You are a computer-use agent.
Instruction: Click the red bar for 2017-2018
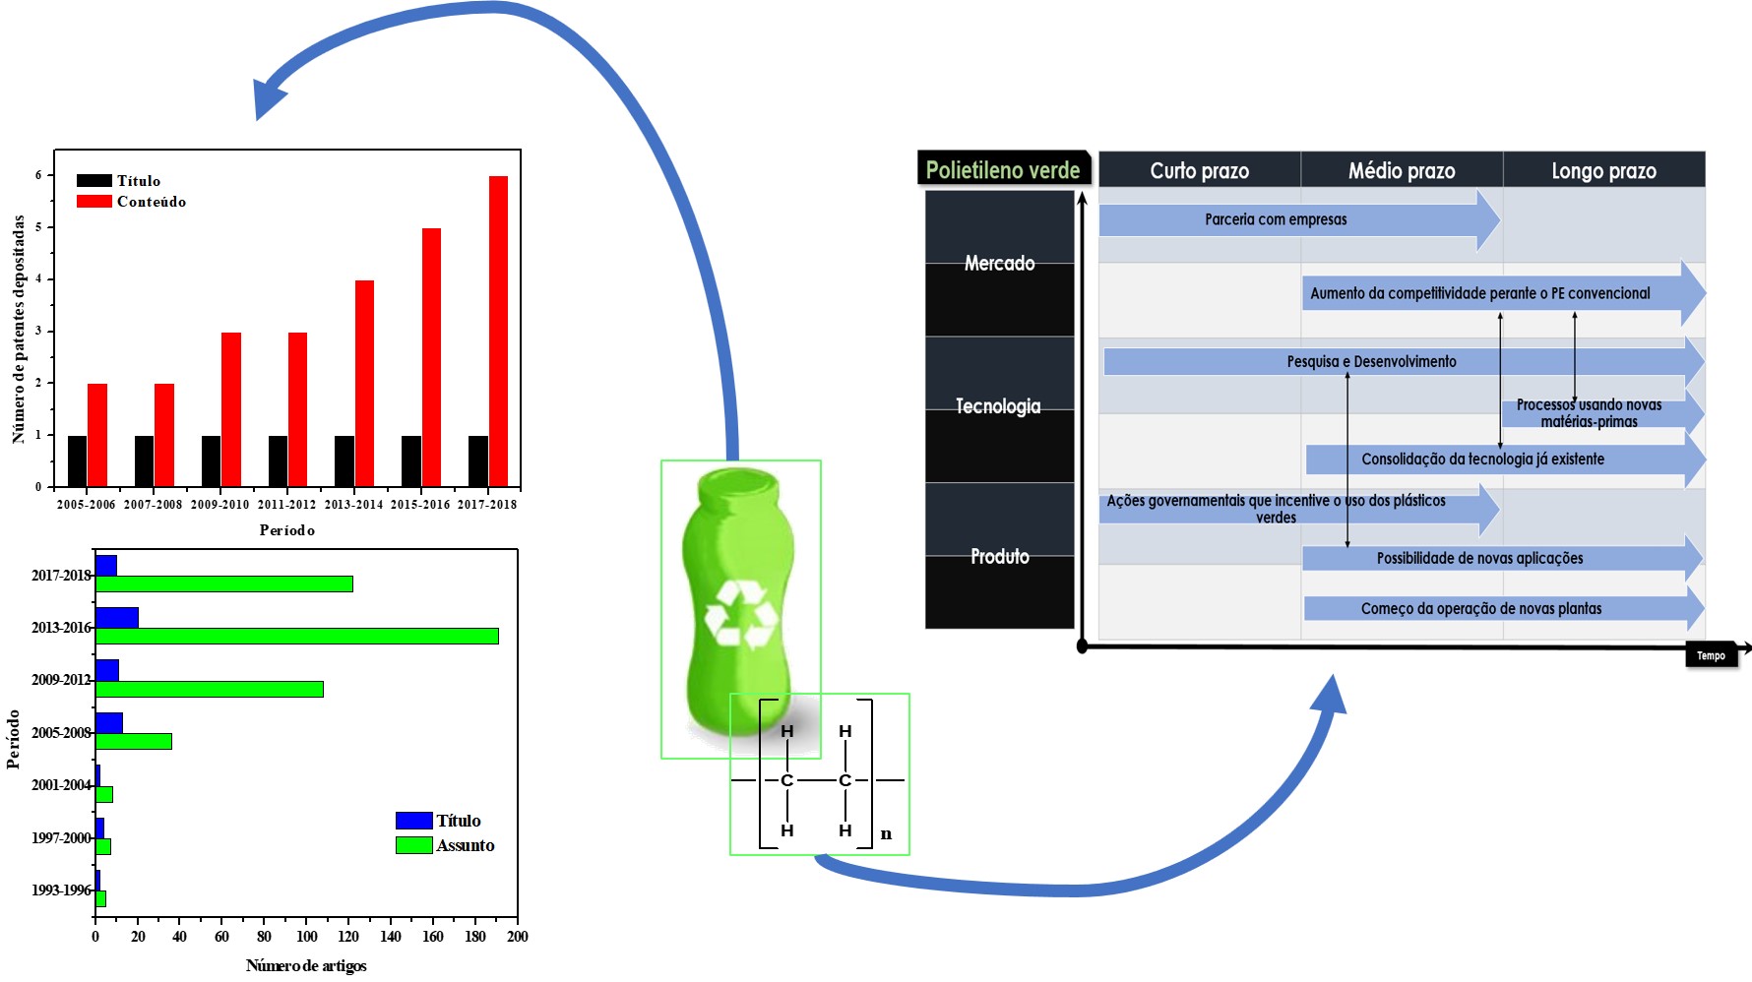[x=498, y=332]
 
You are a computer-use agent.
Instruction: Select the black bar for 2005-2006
[x=77, y=461]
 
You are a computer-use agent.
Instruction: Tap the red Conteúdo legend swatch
[x=94, y=202]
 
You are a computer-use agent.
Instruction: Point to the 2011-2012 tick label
[x=286, y=505]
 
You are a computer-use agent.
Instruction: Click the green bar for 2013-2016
[x=297, y=636]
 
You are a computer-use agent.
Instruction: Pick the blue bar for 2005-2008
[x=109, y=722]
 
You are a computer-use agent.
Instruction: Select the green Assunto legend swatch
[x=414, y=845]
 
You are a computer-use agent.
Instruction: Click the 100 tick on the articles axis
[x=307, y=937]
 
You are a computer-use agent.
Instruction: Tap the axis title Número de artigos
[x=306, y=965]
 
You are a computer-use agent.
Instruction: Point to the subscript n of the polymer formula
[x=886, y=834]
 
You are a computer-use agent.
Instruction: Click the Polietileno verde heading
[x=1003, y=170]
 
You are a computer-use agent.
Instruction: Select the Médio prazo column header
[x=1402, y=171]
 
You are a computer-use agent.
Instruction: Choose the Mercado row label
[x=999, y=263]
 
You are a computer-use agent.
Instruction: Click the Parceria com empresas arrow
[x=1299, y=219]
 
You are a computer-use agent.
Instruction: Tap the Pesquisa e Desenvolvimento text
[x=1371, y=361]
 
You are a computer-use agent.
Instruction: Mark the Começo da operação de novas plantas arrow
[x=1504, y=608]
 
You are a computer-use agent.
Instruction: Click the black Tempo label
[x=1711, y=655]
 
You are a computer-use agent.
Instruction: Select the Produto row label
[x=1000, y=557]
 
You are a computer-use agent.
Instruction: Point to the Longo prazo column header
[x=1603, y=171]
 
